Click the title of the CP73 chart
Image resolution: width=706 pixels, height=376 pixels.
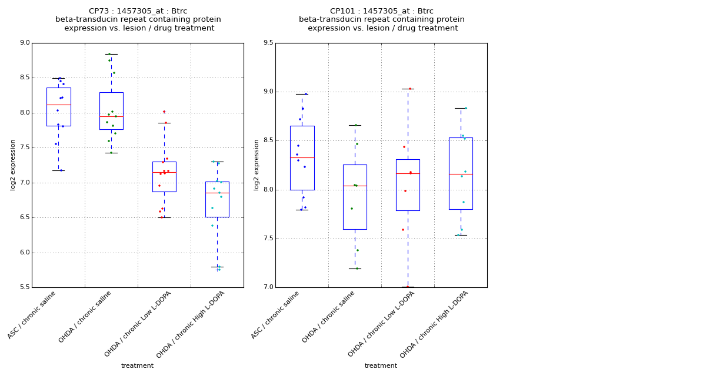coord(138,19)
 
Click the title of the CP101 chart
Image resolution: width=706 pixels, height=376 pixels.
coord(382,19)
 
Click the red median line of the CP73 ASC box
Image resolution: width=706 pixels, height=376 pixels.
coord(58,105)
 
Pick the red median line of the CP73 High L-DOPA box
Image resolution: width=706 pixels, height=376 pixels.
coord(217,193)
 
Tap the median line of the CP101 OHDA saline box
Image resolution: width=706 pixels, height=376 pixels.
coord(355,186)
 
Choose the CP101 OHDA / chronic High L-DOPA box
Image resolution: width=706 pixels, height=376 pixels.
coord(461,173)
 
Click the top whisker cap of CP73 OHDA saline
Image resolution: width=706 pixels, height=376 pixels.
coord(111,54)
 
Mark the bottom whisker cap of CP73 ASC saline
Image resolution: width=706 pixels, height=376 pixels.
coord(58,170)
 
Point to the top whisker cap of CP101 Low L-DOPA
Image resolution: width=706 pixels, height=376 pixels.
coord(408,89)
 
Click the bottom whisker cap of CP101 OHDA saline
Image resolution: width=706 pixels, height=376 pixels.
coord(355,268)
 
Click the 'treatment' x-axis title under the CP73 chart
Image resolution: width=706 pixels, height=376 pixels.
coord(137,365)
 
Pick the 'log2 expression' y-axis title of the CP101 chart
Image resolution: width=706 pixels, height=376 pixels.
coord(257,164)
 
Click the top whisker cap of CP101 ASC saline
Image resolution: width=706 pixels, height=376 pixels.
coord(302,94)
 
